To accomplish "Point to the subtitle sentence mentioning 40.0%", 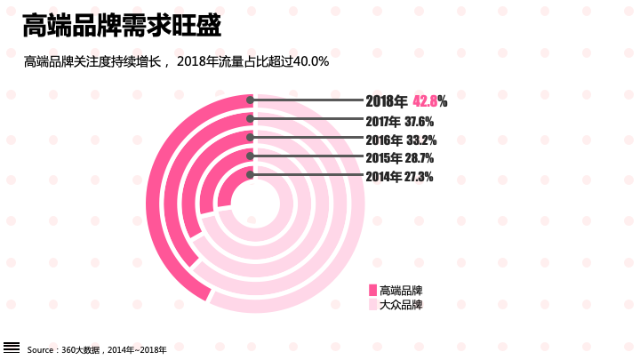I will point(177,61).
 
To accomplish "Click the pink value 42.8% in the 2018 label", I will point(429,101).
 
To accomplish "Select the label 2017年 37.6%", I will point(399,121).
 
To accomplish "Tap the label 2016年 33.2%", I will point(400,140).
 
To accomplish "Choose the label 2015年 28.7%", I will point(399,157).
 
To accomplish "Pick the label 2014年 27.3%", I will point(399,176).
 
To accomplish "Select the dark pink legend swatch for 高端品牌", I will point(372,291).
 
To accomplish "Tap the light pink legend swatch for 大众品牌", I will point(372,305).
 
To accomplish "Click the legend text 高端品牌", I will point(401,291).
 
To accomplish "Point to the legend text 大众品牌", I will point(401,305).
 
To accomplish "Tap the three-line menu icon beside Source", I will point(12,347).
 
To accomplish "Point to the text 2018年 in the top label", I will point(387,101).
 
